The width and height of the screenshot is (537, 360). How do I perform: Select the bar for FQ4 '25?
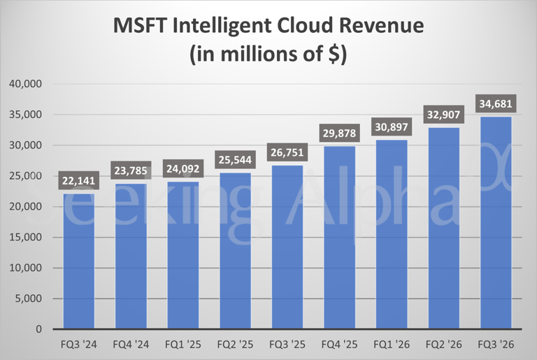(x=340, y=238)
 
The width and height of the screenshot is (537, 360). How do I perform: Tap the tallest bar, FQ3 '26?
(x=496, y=224)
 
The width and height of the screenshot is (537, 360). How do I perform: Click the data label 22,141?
(x=79, y=182)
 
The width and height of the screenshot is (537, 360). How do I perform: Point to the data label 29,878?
(x=340, y=134)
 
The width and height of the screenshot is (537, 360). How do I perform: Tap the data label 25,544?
(x=236, y=161)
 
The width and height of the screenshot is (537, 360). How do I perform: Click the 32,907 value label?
(x=444, y=115)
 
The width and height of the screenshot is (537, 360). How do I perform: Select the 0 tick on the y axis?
(x=39, y=329)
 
